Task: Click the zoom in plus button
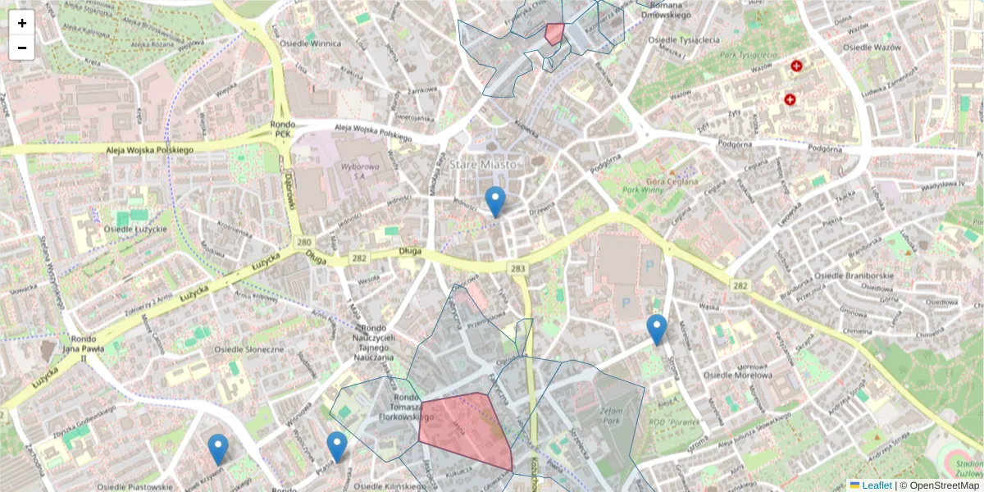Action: tap(22, 23)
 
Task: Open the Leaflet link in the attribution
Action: tap(876, 485)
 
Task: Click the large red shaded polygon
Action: tap(463, 430)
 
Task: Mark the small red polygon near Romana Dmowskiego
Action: tap(554, 33)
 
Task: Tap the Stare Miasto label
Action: tap(483, 164)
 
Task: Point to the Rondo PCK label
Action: tap(283, 129)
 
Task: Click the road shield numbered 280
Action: tap(305, 244)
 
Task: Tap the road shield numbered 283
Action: tap(517, 268)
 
